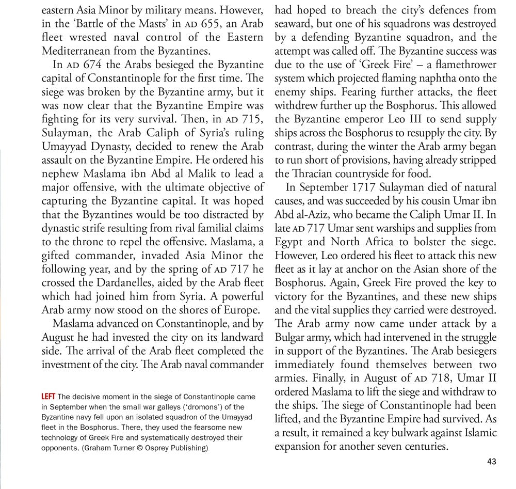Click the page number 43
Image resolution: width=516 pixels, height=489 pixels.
(491, 462)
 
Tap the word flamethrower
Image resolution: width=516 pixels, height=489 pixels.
(465, 65)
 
